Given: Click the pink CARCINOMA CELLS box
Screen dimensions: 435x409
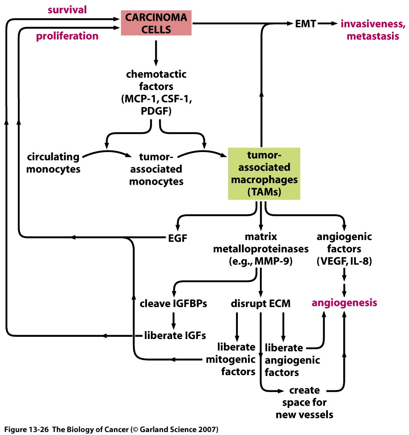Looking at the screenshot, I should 156,23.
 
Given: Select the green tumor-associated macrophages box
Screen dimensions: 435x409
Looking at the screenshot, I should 264,173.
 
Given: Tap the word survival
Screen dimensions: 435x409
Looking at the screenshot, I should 67,9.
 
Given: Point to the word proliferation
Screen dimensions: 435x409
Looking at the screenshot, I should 67,36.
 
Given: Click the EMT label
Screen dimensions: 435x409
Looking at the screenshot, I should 306,24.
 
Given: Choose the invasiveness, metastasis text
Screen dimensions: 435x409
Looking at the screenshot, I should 370,30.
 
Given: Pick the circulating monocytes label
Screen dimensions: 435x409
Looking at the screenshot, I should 53,163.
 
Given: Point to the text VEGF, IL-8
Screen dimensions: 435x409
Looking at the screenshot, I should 344,261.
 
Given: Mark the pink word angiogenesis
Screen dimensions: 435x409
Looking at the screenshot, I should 344,303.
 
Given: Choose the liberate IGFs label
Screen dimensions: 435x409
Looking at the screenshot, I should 175,335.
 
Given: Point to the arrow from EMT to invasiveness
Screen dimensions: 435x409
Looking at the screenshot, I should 327,24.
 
